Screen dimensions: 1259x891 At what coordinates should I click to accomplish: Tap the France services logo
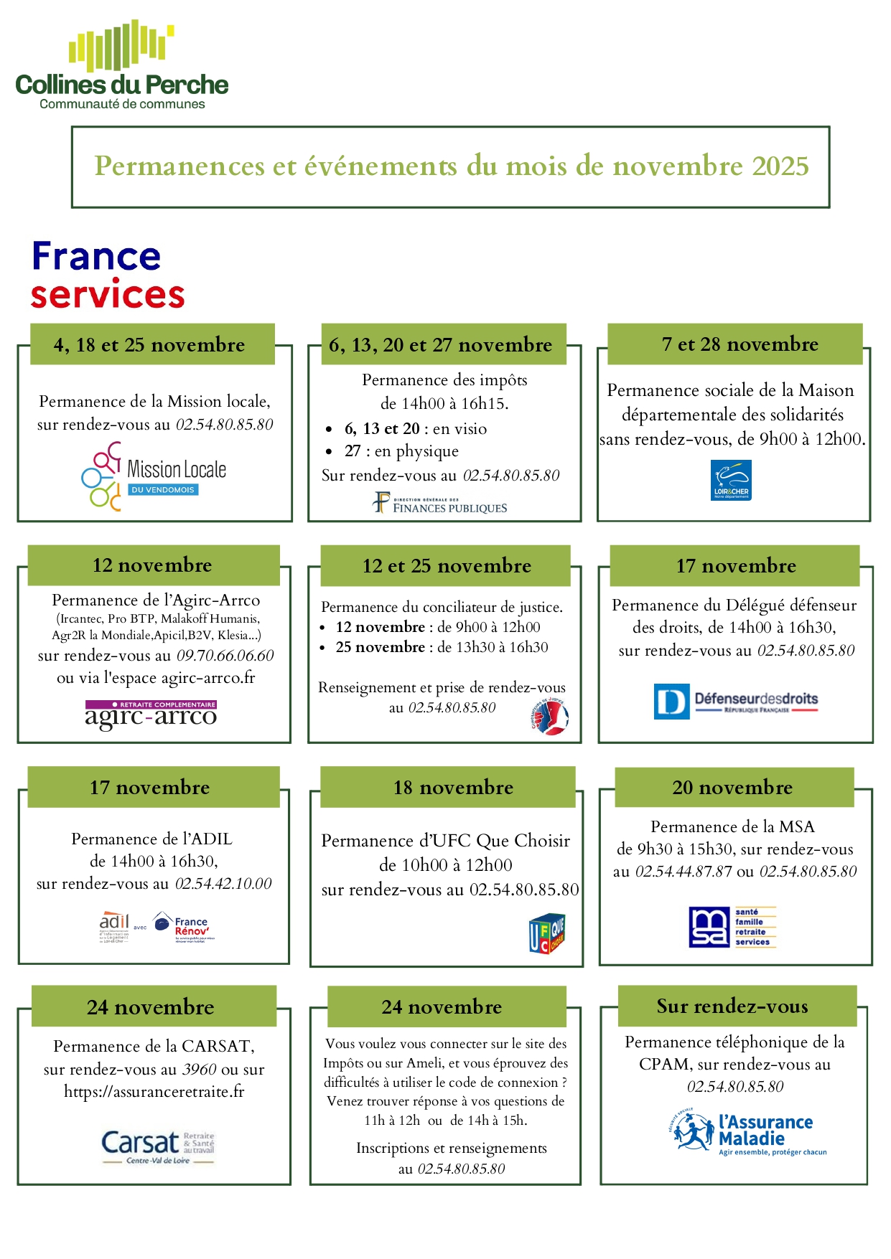tap(107, 275)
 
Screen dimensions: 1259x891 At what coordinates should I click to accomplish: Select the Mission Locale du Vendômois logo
tap(154, 476)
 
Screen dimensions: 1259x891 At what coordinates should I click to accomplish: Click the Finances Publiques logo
tap(440, 503)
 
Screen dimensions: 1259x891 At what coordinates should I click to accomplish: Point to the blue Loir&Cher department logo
tap(731, 480)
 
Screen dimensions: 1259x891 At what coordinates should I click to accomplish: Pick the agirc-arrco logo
tap(151, 715)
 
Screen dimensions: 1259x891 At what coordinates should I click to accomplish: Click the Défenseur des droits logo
tap(736, 701)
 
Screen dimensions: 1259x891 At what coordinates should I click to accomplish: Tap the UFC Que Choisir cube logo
tap(547, 933)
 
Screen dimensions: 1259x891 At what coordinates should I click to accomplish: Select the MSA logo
tap(732, 927)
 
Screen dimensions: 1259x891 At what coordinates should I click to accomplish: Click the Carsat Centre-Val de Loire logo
tap(158, 1146)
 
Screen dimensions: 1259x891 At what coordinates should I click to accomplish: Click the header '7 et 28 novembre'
tap(740, 344)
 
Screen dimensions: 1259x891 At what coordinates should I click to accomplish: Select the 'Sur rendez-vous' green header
tap(732, 1006)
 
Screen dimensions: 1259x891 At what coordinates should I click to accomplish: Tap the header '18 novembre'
tap(453, 788)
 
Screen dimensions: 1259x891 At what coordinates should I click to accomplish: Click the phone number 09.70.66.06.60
tap(225, 656)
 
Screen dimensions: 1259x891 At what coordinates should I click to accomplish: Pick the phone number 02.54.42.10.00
tap(223, 884)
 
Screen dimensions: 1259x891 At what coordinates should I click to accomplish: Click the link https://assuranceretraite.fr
tap(154, 1092)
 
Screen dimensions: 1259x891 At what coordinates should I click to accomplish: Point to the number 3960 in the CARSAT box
tap(199, 1070)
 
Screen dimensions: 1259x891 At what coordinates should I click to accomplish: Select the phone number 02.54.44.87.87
tap(684, 872)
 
